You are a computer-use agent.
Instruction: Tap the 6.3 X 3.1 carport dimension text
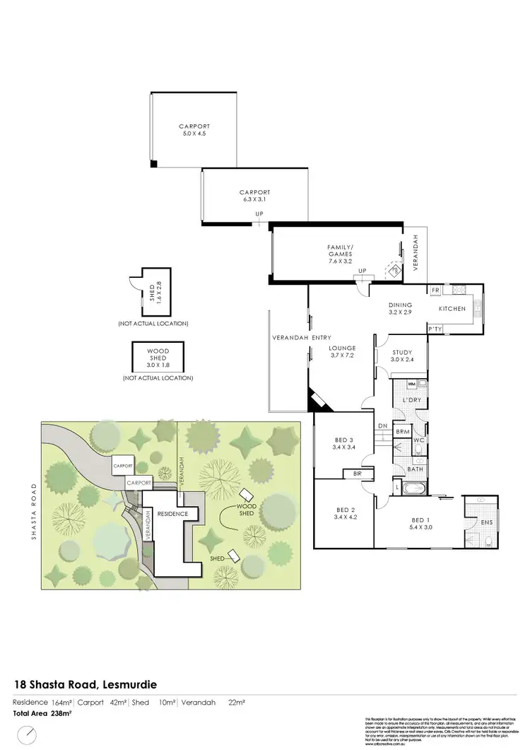coord(254,199)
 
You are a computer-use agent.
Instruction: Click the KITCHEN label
coord(452,310)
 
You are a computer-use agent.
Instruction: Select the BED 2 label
coord(345,510)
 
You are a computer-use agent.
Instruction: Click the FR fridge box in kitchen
coord(435,291)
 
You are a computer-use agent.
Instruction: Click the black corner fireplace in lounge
coord(316,401)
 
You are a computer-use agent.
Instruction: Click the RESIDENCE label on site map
coord(173,513)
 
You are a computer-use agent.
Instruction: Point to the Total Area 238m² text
coord(43,714)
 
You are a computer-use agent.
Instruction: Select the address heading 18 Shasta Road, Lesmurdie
coord(86,684)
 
